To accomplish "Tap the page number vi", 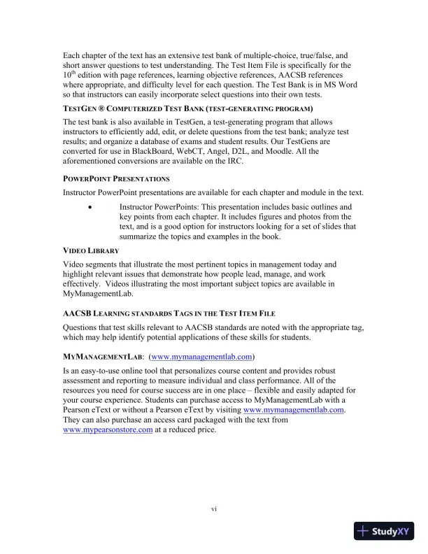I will tap(214, 508).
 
